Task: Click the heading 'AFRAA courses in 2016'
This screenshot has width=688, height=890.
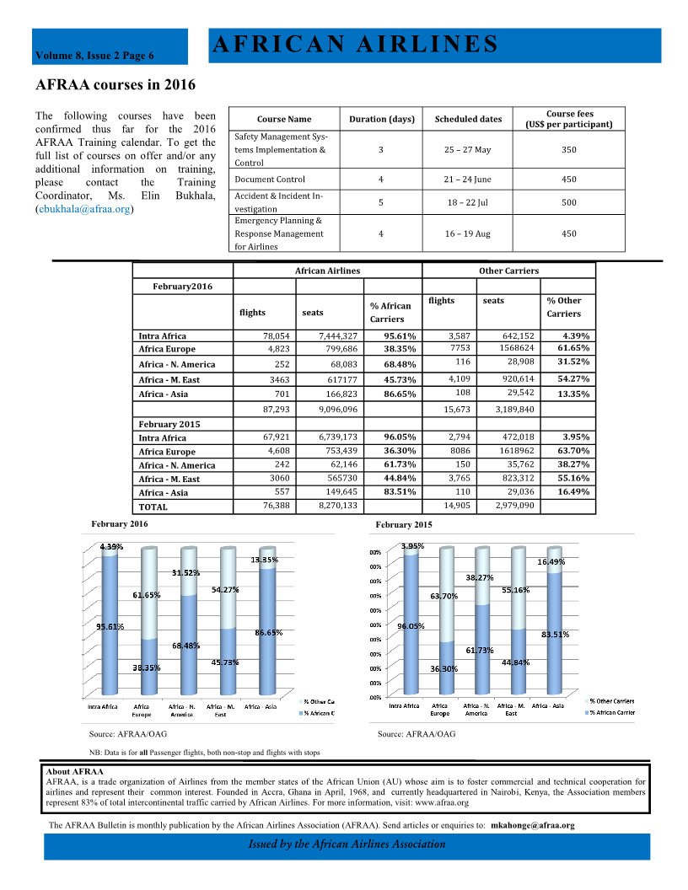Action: [116, 85]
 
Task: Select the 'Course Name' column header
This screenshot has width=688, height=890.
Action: [283, 119]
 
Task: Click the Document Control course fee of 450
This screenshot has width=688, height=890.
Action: [568, 180]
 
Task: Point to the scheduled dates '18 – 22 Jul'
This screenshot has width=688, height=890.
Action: [467, 202]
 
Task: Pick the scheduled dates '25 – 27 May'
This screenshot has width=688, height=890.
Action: [467, 150]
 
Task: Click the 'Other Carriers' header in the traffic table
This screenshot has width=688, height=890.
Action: [508, 271]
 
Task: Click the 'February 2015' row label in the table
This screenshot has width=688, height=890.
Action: [169, 424]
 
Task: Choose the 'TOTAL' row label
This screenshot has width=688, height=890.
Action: [153, 507]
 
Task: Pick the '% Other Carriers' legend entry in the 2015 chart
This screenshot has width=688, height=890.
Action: [611, 701]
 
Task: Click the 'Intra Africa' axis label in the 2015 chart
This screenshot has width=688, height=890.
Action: [404, 705]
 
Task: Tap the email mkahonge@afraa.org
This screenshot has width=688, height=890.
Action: [532, 826]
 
